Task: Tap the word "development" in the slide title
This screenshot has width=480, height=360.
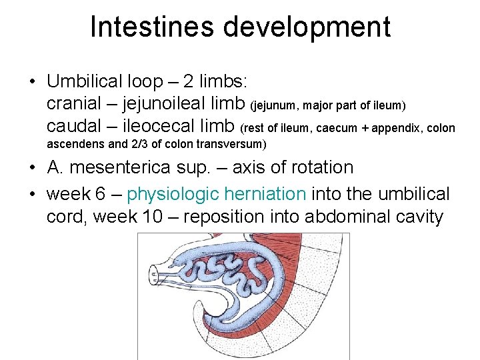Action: pos(307,27)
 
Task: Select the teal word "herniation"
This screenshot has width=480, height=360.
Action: pos(265,194)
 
